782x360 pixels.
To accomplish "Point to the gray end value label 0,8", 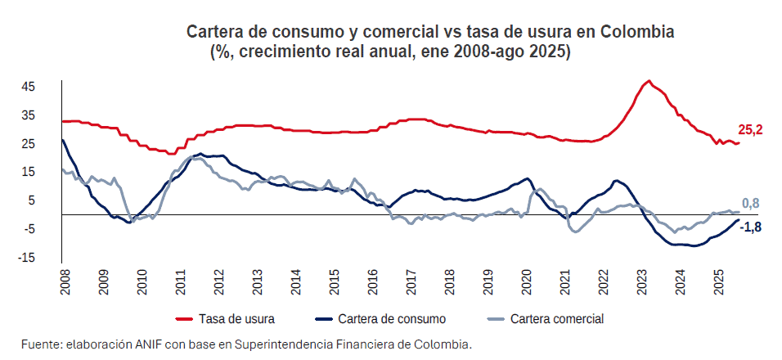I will [751, 203].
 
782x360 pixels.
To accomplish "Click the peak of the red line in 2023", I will [649, 81].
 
